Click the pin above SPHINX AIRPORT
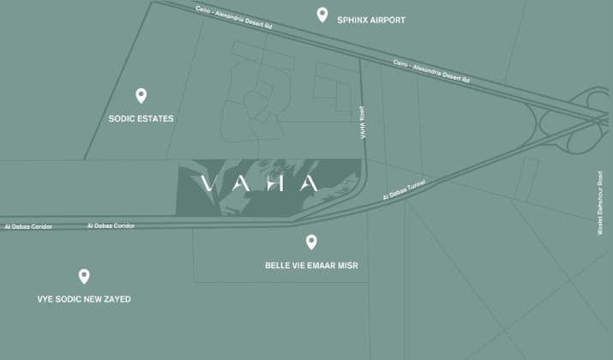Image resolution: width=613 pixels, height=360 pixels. [322, 15]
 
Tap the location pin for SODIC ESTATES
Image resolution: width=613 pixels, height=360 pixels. [141, 96]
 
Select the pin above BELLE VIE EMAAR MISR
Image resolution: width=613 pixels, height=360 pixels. [311, 243]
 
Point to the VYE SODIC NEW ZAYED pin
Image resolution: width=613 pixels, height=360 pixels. [84, 276]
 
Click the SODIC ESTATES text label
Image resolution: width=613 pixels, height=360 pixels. [141, 119]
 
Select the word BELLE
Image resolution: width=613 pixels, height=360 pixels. [278, 266]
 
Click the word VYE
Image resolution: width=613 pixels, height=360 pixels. [45, 299]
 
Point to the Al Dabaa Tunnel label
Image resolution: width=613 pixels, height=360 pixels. [404, 190]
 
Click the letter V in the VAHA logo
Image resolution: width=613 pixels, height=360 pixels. [206, 183]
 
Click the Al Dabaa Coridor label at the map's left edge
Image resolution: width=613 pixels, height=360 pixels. [27, 227]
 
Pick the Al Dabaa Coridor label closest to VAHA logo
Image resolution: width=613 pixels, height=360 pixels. [111, 226]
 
